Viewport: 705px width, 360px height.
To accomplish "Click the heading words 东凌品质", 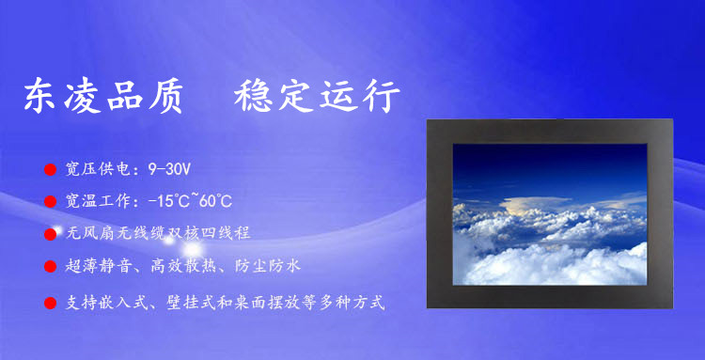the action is (x=103, y=96).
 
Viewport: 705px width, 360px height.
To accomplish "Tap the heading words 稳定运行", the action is (x=317, y=96).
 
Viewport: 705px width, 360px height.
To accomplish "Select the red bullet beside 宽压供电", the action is (x=50, y=169).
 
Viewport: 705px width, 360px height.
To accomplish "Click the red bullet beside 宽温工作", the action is (x=50, y=201).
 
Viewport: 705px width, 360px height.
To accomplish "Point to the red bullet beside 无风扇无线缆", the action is (x=50, y=234).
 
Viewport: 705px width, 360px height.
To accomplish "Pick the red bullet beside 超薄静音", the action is (x=50, y=266).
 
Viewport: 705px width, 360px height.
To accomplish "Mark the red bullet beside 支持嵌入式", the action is (x=50, y=303).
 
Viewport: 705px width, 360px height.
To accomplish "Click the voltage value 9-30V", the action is (x=169, y=169).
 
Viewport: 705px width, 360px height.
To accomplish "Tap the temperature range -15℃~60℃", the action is (x=190, y=201).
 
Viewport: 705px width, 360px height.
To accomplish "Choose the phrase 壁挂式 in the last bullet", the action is (x=192, y=303).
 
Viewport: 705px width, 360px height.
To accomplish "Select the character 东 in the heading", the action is (x=39, y=96).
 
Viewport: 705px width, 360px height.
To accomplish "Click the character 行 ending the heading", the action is (x=383, y=96).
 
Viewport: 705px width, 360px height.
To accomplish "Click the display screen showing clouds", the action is (x=550, y=214).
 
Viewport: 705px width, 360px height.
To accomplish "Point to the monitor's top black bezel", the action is (x=550, y=132).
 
